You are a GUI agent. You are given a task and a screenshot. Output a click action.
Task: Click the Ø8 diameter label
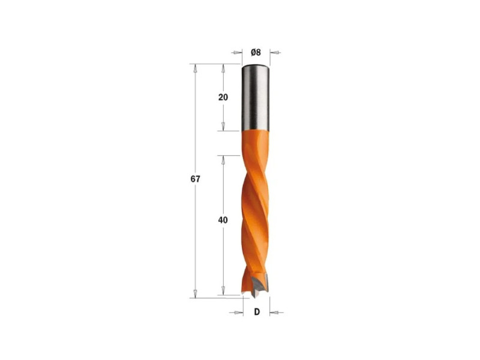click(256, 52)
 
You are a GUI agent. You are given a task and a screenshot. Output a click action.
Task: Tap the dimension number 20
click(223, 97)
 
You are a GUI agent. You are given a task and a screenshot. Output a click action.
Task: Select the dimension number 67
click(196, 179)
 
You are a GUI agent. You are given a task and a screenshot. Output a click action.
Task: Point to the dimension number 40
click(223, 220)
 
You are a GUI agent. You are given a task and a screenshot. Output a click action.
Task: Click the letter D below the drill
click(257, 312)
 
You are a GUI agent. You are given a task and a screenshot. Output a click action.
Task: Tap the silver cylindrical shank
click(256, 97)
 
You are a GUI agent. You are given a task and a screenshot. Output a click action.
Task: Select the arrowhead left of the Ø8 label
click(236, 52)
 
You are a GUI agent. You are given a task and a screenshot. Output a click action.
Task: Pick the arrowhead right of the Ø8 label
click(275, 53)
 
